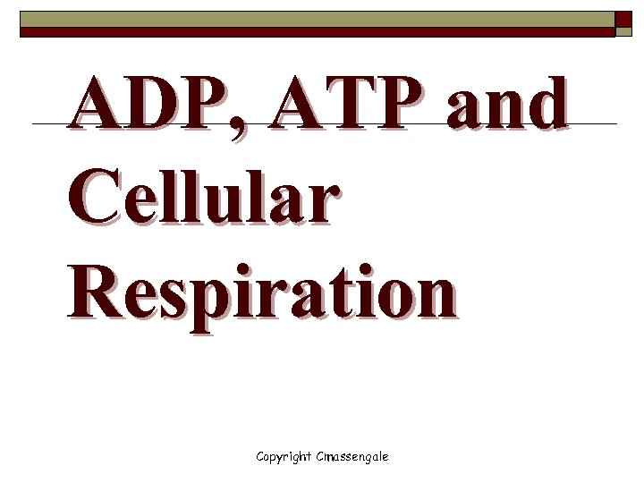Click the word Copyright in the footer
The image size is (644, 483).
(284, 456)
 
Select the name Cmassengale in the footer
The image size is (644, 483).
(352, 456)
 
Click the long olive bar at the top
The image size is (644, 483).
(318, 18)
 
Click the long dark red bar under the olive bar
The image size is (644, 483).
(318, 32)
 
